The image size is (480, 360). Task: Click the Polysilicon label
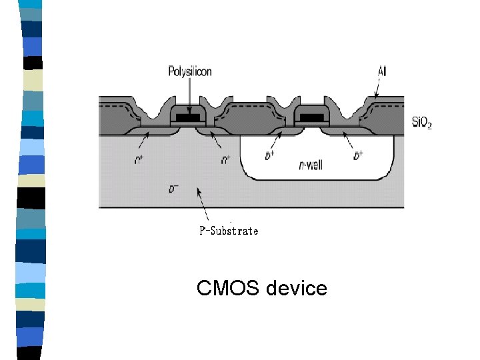pyautogui.click(x=189, y=71)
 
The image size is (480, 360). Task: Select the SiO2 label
pyautogui.click(x=421, y=123)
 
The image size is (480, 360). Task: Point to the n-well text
pyautogui.click(x=311, y=165)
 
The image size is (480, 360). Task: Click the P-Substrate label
pyautogui.click(x=229, y=231)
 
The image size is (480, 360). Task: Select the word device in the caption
pyautogui.click(x=297, y=288)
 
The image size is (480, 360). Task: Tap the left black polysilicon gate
pyautogui.click(x=189, y=117)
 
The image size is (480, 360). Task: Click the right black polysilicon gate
pyautogui.click(x=310, y=117)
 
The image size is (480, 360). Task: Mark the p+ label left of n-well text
pyautogui.click(x=269, y=155)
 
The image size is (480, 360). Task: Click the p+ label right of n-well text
pyautogui.click(x=358, y=155)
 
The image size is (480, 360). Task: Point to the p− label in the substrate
pyautogui.click(x=173, y=189)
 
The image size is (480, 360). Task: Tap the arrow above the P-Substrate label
pyautogui.click(x=203, y=204)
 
